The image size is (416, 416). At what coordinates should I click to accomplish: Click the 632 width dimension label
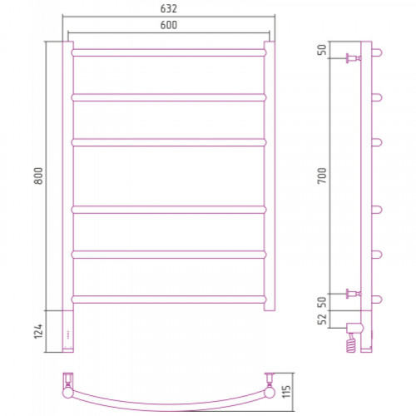click(168, 9)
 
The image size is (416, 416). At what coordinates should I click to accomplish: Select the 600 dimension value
click(169, 25)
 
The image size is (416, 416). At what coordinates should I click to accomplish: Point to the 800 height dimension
click(38, 176)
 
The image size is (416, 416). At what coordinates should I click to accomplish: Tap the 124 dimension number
click(38, 331)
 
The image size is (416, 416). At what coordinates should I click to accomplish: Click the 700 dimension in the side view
click(322, 176)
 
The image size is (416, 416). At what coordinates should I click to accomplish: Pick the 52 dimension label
click(322, 319)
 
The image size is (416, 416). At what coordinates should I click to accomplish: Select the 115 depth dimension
click(286, 392)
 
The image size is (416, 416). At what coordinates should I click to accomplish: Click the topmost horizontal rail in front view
click(169, 52)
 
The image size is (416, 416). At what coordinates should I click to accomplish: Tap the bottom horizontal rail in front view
click(169, 300)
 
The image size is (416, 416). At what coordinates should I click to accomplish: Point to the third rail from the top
click(169, 142)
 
